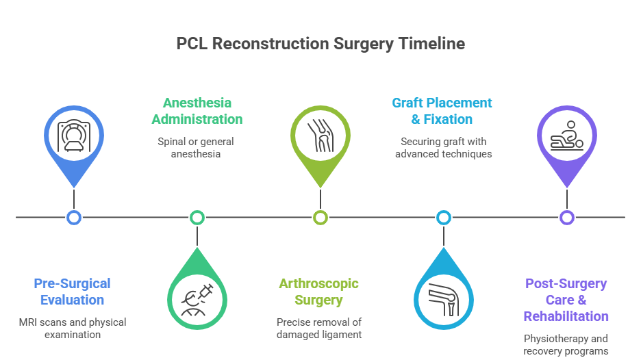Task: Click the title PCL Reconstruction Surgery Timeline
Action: (320, 44)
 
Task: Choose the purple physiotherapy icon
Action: (566, 136)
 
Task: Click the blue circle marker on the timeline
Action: (74, 218)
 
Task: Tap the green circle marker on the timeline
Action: (197, 218)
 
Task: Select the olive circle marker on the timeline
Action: (320, 218)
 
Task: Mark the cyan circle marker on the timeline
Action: (444, 218)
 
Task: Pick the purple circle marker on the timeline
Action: (566, 218)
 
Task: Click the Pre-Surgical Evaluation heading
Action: (72, 292)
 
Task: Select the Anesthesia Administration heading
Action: (197, 111)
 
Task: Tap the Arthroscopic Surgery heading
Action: (318, 292)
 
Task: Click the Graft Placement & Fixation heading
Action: (442, 111)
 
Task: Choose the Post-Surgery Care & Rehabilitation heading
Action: (566, 300)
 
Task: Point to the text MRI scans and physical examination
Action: (72, 328)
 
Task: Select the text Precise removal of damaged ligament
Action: (318, 328)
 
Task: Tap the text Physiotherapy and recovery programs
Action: (566, 345)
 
